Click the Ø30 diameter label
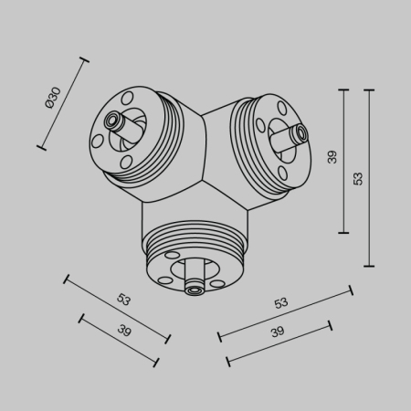53,98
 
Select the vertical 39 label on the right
332,156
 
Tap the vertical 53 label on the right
358,178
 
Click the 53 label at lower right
281,302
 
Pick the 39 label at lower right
278,332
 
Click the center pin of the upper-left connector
113,121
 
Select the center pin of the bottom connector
194,289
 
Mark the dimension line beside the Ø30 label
64,103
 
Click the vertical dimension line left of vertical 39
343,161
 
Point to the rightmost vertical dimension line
369,178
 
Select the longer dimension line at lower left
117,308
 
